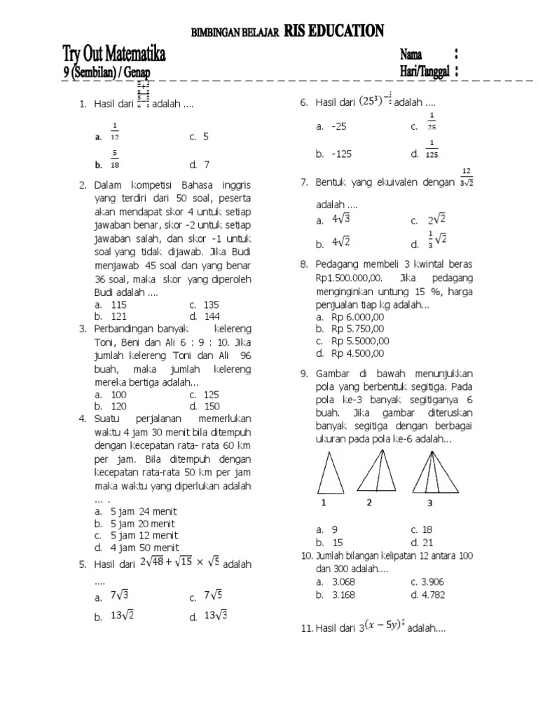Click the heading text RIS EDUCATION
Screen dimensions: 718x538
[334, 31]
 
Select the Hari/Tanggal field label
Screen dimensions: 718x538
[425, 71]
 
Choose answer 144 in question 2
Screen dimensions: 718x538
[209, 316]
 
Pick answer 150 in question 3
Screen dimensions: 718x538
[209, 406]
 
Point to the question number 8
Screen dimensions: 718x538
[303, 264]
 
